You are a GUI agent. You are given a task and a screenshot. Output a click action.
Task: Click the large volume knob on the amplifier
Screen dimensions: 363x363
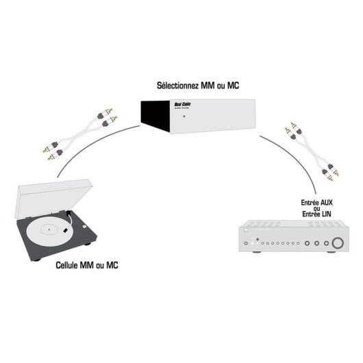337,243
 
